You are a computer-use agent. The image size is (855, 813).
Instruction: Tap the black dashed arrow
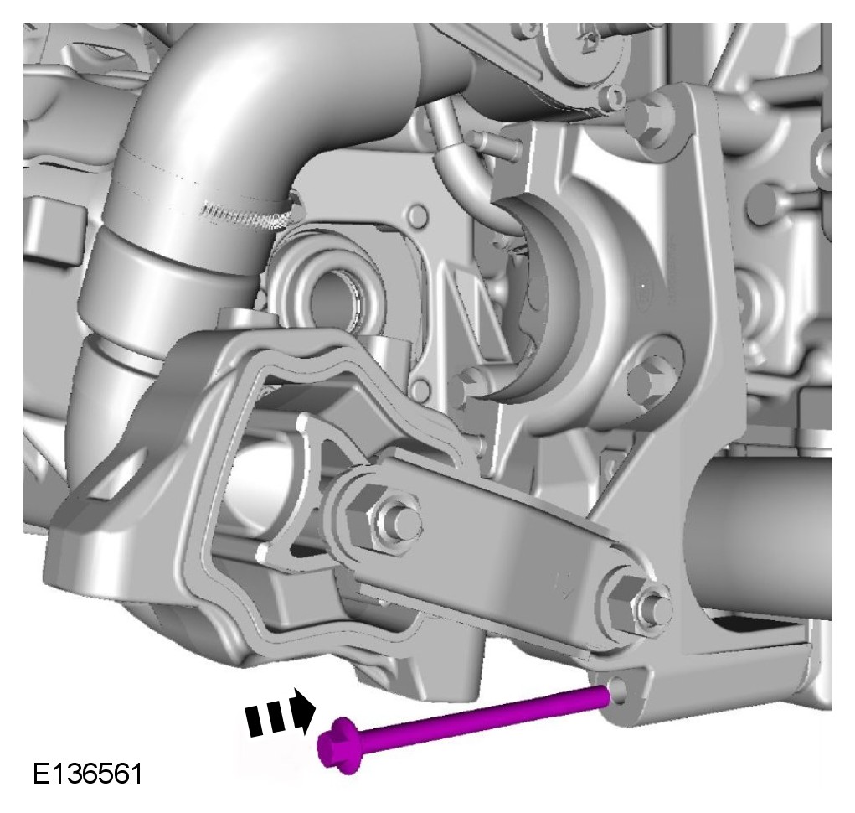pos(280,712)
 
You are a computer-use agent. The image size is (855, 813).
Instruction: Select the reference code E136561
pos(88,773)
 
